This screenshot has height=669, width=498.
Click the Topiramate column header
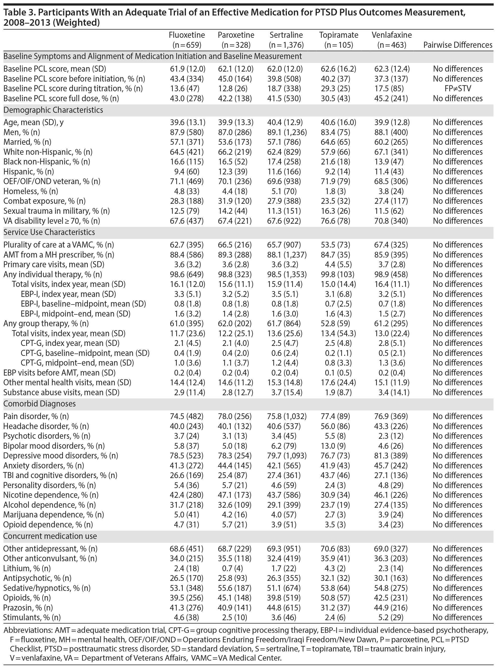click(x=339, y=40)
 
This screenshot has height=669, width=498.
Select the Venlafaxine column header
click(x=392, y=40)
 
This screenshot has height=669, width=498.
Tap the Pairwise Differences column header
click(x=458, y=45)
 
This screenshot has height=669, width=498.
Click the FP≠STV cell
click(x=458, y=89)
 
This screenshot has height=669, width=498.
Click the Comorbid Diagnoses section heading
click(x=40, y=404)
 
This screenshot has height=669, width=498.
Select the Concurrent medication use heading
click(x=50, y=536)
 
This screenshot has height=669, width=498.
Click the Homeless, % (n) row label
click(x=30, y=191)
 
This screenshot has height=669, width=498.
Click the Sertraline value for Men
click(x=287, y=132)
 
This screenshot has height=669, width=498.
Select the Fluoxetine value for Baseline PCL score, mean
click(x=187, y=69)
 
